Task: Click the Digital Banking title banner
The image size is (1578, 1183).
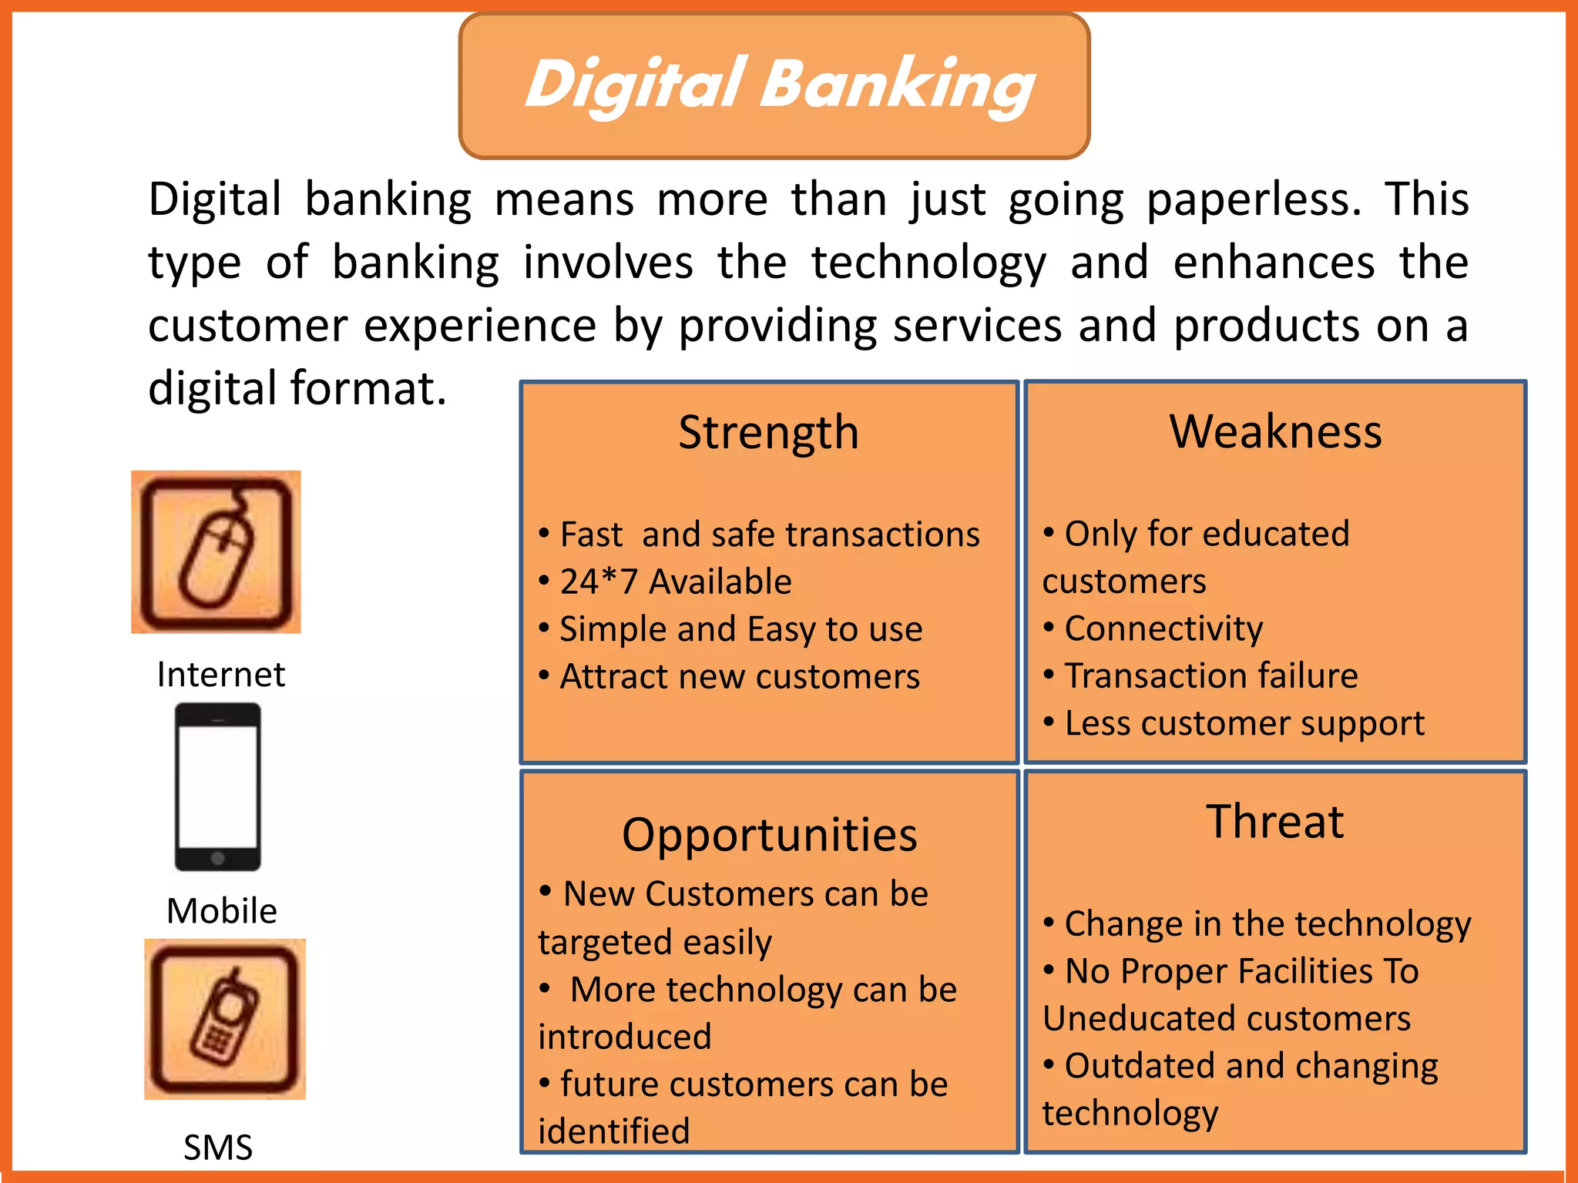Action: (x=774, y=85)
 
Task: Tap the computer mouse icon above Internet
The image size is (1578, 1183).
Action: (x=216, y=551)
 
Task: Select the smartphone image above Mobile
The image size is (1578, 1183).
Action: (x=218, y=787)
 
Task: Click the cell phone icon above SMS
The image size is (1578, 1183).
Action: (x=225, y=1018)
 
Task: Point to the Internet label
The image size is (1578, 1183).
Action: (x=220, y=675)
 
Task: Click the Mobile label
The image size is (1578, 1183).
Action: (x=222, y=911)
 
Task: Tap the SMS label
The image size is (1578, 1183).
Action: (x=218, y=1148)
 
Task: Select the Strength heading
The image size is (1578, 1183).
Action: (x=768, y=432)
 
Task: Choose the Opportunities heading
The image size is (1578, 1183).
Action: (x=769, y=835)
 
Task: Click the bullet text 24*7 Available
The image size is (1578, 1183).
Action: (x=675, y=581)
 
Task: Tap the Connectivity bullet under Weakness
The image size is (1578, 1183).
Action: (x=1163, y=628)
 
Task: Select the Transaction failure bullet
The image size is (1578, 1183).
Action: (x=1210, y=675)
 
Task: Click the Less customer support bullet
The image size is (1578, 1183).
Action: (x=1244, y=723)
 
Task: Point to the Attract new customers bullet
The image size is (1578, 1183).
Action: (x=739, y=676)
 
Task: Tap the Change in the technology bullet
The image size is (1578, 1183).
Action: (x=1267, y=923)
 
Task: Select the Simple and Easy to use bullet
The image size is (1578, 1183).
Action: (x=740, y=629)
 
